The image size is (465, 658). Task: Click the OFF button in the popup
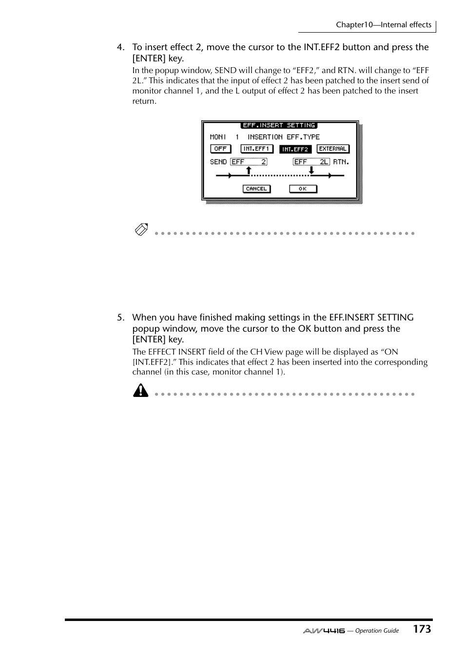coord(220,149)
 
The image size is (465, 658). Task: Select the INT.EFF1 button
coord(256,149)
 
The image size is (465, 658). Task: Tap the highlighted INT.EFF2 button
coord(295,149)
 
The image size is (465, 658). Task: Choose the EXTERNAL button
coord(333,149)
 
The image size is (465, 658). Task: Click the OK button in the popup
coord(303,189)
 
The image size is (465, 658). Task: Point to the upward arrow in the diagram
coord(249,170)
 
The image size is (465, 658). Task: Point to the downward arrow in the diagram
coord(311,170)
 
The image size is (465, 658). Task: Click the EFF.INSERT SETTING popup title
coord(279,125)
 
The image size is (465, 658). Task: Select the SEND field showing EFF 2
coord(249,162)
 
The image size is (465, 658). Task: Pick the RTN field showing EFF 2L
coord(311,162)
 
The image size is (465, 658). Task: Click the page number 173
coord(422,629)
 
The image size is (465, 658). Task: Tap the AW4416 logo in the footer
coord(324,631)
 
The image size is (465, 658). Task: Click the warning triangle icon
coord(141,391)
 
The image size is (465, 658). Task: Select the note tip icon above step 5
coord(141,229)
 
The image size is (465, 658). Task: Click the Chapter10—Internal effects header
coord(383,25)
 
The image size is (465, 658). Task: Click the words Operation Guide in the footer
coord(377,631)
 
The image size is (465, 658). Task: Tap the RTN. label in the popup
coord(341,162)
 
